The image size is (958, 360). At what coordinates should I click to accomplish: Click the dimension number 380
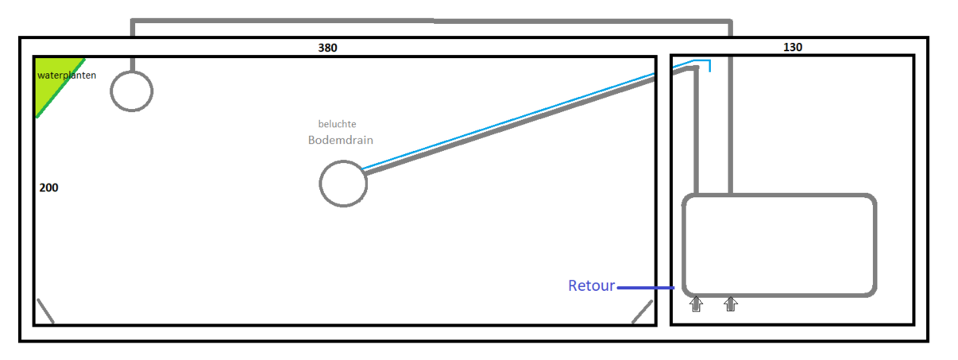[327, 48]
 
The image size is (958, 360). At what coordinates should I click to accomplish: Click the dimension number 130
[792, 48]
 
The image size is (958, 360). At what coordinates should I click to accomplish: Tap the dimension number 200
[48, 188]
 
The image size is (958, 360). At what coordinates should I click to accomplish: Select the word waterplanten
[67, 75]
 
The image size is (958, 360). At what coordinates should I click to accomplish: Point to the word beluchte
[337, 124]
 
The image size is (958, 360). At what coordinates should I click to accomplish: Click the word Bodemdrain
[340, 140]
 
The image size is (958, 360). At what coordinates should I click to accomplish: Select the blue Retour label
[591, 286]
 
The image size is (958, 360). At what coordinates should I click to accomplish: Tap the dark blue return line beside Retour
[645, 288]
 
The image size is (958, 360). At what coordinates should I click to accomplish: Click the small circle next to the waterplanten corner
[131, 91]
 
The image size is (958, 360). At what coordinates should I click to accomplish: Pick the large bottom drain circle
[343, 184]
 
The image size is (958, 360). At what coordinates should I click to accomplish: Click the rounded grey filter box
[779, 246]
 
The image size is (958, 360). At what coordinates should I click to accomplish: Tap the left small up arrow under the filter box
[696, 304]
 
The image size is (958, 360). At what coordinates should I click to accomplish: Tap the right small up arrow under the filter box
[731, 304]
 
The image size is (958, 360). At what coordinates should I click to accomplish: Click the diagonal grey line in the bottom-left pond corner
[45, 312]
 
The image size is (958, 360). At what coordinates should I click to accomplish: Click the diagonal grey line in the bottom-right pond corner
[642, 312]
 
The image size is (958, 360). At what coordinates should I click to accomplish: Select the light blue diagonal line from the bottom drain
[508, 120]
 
